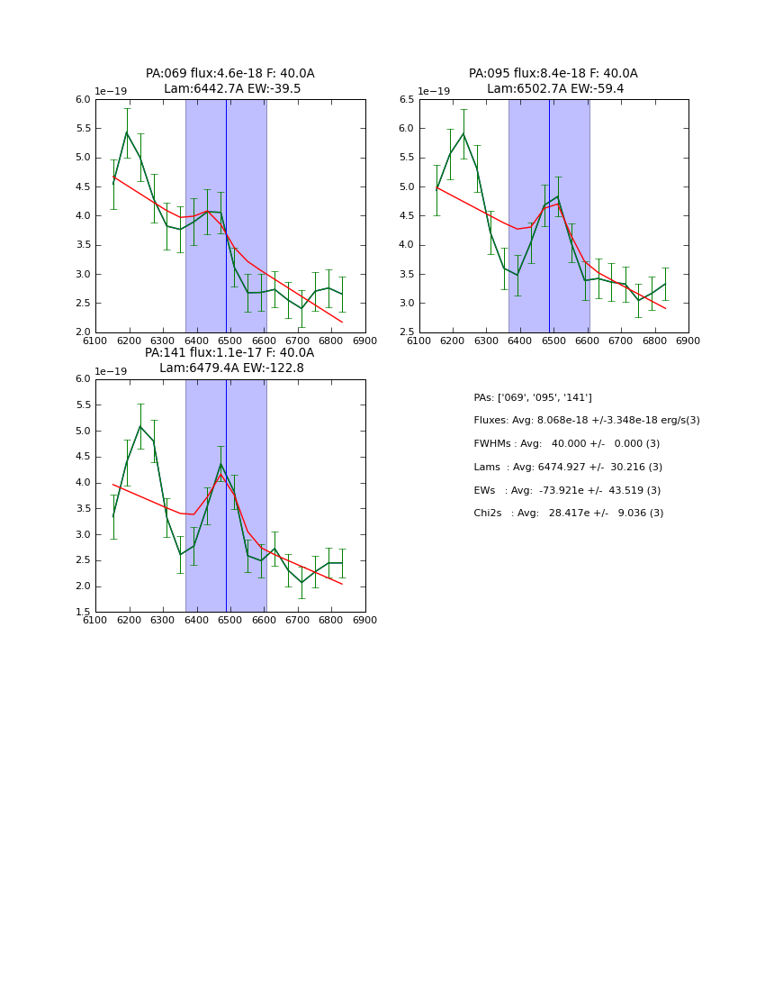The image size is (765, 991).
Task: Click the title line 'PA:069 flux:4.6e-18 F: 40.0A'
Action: click(230, 74)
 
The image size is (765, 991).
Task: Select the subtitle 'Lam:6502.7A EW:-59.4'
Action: click(553, 89)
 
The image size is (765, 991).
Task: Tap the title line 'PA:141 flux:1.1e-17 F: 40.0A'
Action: click(229, 353)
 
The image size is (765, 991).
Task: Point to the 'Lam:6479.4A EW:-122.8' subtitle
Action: click(231, 368)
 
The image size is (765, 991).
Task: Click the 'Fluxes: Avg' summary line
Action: click(586, 421)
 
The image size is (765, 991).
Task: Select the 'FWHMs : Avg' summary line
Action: click(566, 444)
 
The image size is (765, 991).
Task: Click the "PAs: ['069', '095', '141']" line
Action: click(532, 397)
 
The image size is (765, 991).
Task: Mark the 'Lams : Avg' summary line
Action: click(567, 468)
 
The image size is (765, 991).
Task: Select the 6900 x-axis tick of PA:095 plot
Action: click(688, 341)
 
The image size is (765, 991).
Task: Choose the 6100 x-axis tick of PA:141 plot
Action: click(95, 621)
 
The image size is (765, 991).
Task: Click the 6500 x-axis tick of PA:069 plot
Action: click(230, 341)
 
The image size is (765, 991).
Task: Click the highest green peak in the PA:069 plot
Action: click(127, 132)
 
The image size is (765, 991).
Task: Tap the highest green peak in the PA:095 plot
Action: click(463, 133)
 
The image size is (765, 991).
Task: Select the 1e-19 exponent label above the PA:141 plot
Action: click(112, 371)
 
